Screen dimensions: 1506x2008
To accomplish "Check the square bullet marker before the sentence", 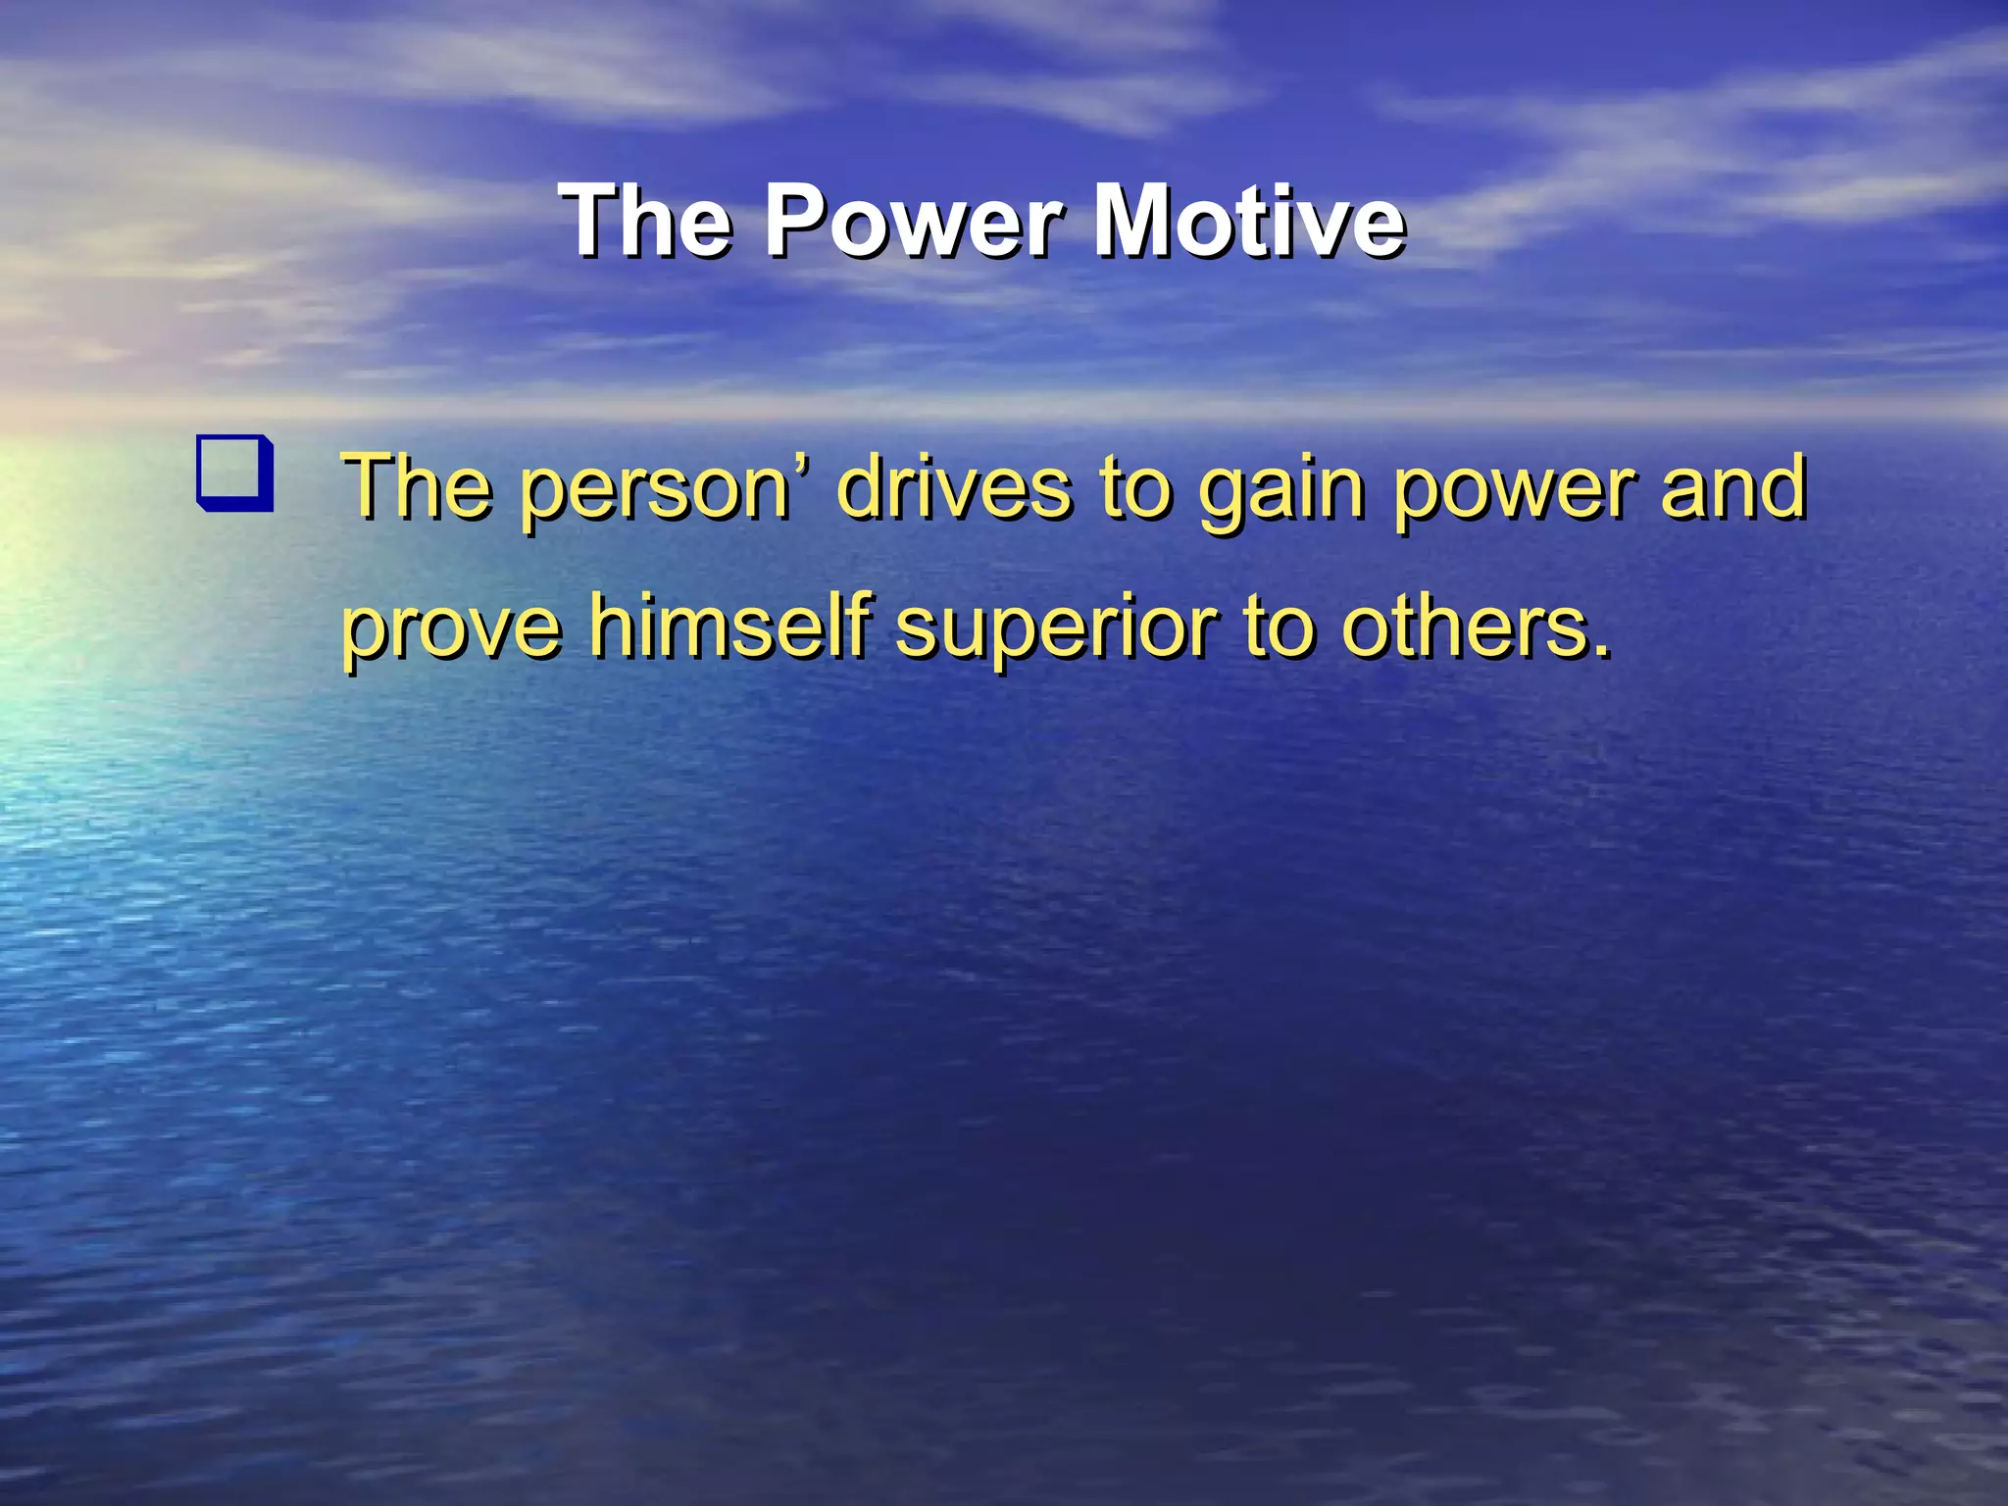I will (235, 472).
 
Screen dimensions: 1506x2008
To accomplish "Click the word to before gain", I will (1134, 487).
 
